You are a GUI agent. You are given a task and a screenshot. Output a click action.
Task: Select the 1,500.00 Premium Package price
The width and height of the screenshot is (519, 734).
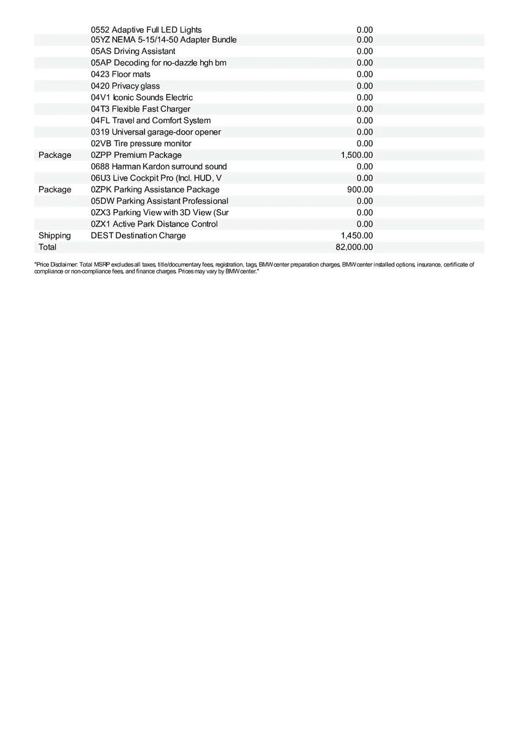[357, 155]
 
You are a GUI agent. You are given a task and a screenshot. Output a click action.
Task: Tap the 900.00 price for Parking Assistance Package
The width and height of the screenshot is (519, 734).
[360, 190]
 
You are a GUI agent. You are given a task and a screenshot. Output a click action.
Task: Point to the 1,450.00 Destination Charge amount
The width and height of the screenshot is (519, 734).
[357, 235]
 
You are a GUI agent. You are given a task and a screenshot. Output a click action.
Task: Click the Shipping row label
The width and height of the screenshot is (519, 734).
[54, 235]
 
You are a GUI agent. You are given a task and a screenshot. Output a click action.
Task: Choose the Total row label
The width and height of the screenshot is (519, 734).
[47, 247]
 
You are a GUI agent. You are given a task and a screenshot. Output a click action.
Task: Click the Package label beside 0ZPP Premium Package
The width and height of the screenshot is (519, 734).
[54, 155]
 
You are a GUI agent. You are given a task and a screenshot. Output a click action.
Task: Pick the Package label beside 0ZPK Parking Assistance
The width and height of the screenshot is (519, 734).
[54, 190]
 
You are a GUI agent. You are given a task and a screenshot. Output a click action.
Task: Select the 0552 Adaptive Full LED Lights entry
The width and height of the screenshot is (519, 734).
[146, 29]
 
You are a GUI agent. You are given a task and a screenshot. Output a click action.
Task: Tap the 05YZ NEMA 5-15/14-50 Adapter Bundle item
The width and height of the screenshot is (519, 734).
[163, 40]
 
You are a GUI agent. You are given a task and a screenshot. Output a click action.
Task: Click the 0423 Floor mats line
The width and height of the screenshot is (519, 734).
[121, 75]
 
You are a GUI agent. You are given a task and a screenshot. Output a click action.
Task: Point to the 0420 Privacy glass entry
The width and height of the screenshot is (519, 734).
[125, 86]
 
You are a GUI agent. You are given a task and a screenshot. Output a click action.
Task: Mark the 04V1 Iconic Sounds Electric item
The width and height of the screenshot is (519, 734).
[141, 97]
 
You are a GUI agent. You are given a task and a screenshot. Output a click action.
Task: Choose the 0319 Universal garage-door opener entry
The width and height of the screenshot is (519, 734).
[156, 132]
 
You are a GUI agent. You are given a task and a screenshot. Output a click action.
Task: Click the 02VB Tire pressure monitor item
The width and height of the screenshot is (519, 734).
[141, 144]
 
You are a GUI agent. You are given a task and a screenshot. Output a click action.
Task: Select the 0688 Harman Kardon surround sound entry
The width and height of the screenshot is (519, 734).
[159, 166]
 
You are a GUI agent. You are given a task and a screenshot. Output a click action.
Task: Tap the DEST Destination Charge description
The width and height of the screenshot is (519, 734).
[138, 235]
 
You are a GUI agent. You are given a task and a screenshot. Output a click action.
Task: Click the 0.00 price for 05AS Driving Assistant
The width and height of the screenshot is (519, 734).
[365, 51]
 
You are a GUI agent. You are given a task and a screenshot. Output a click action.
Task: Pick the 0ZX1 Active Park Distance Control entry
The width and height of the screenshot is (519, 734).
[154, 224]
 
